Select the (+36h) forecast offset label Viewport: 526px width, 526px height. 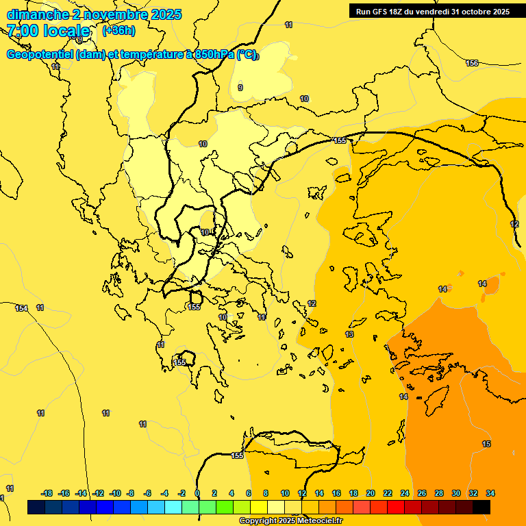coord(118,31)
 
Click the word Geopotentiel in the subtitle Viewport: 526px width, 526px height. coord(40,55)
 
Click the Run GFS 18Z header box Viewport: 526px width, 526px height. coord(432,11)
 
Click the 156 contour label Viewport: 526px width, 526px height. coord(472,63)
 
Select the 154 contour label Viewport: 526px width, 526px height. coord(21,308)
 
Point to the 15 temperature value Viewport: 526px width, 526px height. coord(486,444)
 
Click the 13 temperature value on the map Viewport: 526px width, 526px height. coord(349,334)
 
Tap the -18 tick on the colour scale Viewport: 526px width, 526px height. coord(47,493)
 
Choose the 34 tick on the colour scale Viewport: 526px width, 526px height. coord(490,493)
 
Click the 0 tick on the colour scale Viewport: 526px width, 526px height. coord(197,493)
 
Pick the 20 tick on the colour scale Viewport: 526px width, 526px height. coord(370,493)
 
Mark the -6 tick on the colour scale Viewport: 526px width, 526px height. coord(148,493)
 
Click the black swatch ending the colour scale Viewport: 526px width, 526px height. coord(481,507)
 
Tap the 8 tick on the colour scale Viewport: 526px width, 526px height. coord(265,493)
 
